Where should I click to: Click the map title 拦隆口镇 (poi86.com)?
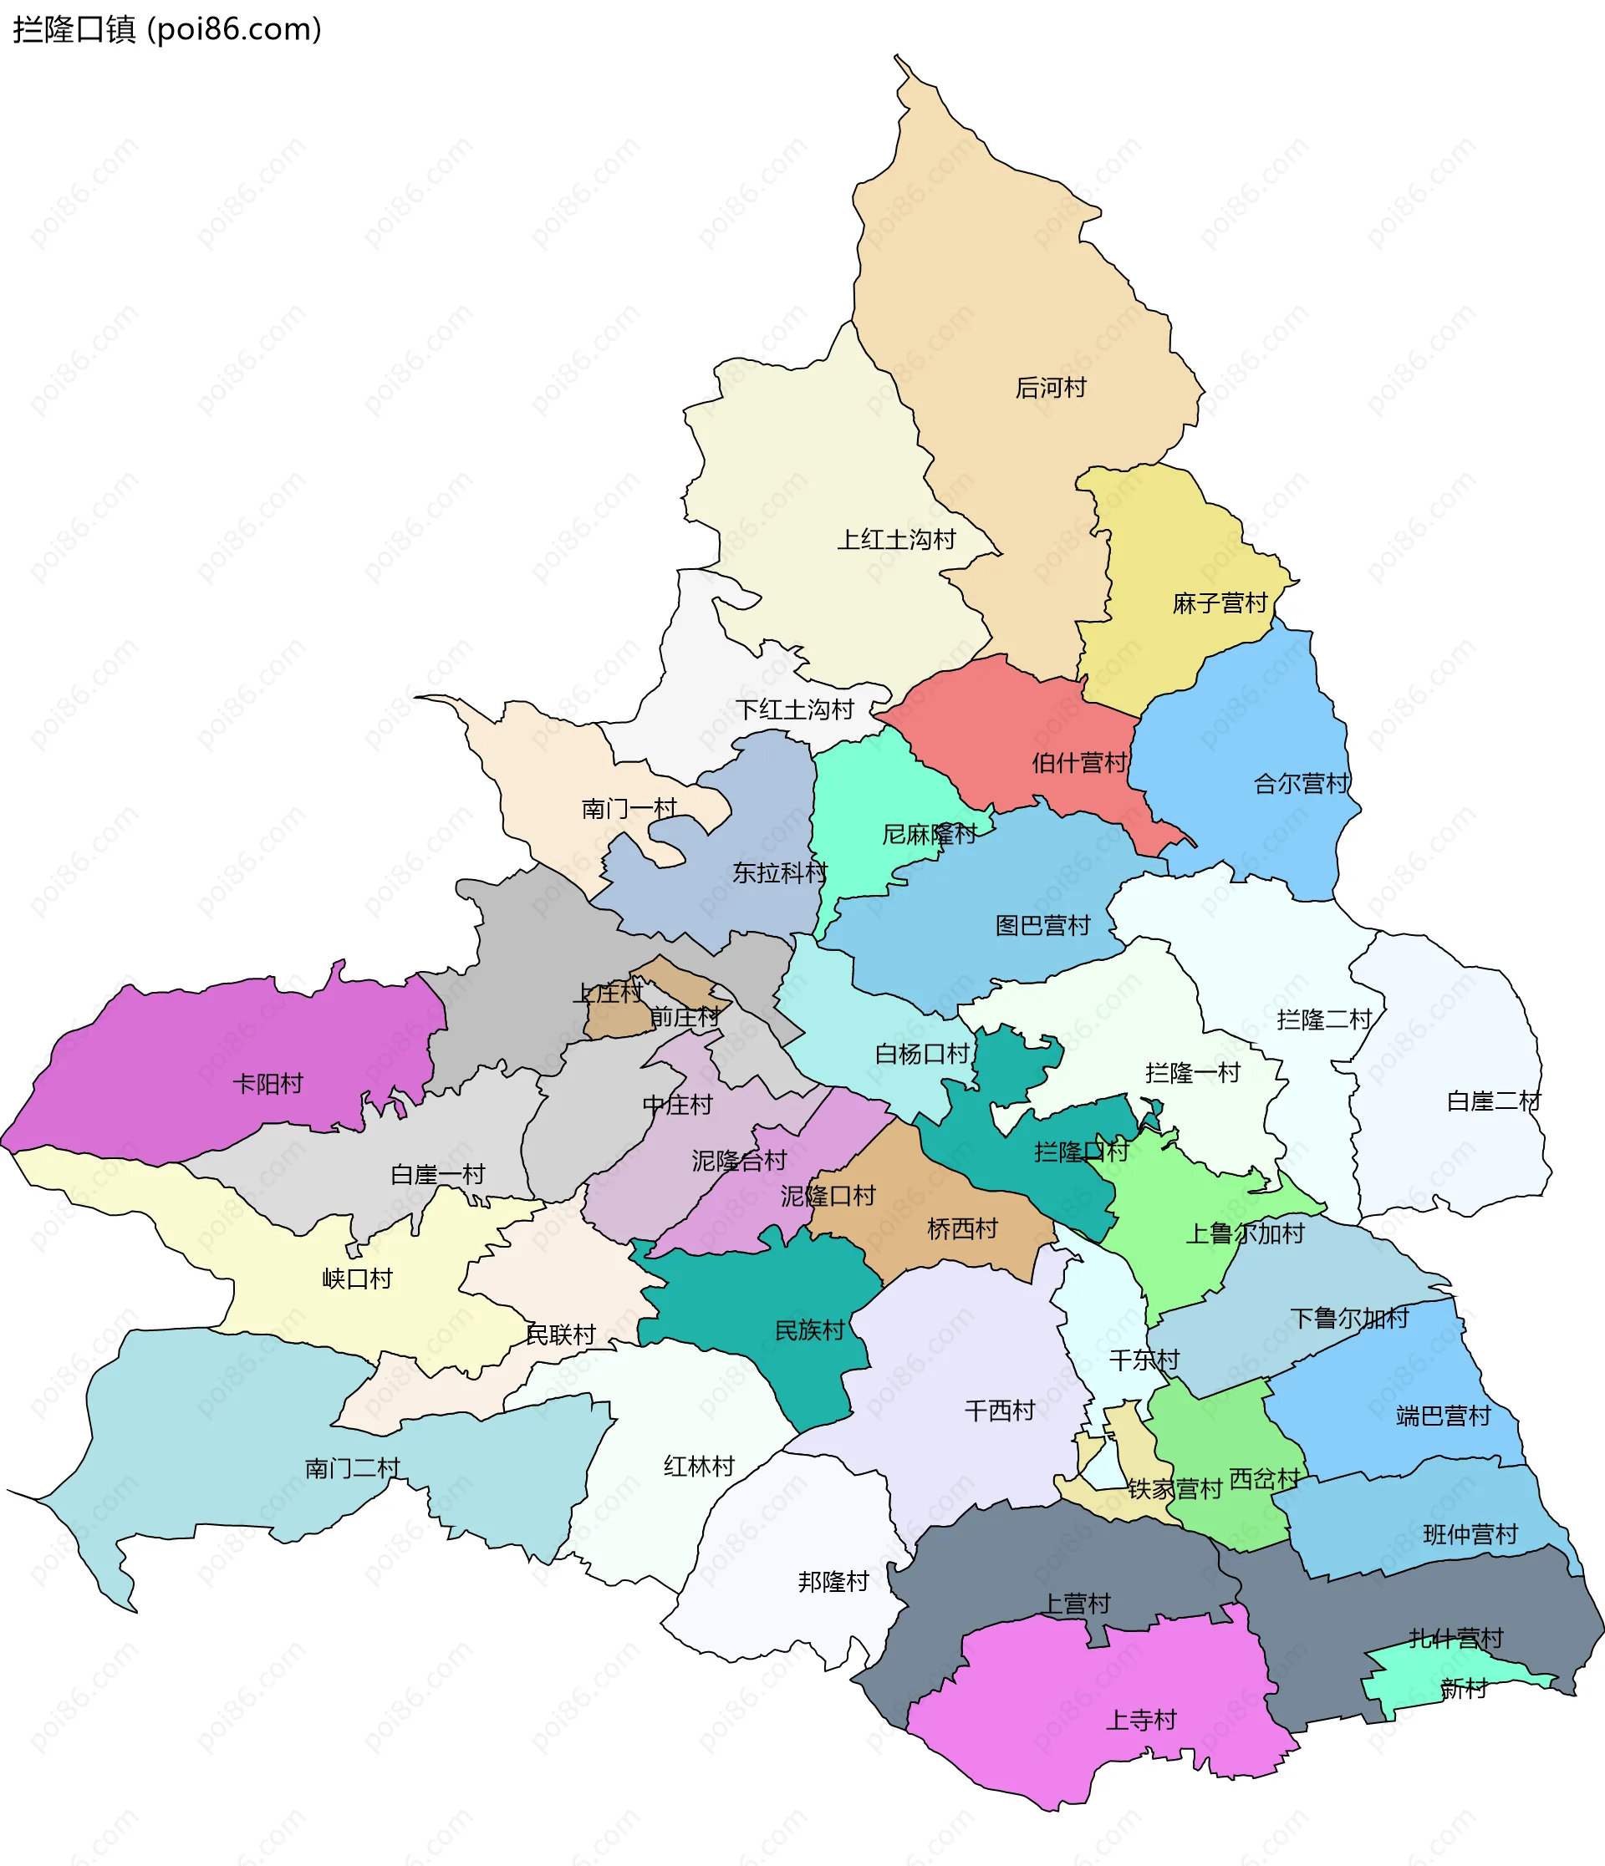coord(166,30)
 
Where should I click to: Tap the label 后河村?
coord(1050,388)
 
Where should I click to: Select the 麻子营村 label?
coord(1220,603)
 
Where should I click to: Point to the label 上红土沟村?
coord(896,541)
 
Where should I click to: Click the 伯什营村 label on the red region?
coord(1079,764)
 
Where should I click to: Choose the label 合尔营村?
coord(1301,785)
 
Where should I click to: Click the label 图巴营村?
coord(1042,926)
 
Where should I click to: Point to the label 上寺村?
coord(1140,1721)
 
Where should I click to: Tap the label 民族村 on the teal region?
coord(810,1331)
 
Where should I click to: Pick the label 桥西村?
coord(962,1229)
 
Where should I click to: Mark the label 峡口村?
coord(357,1279)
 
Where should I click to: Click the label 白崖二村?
coord(1492,1101)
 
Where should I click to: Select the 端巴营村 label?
coord(1443,1416)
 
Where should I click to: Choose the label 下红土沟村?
coord(794,709)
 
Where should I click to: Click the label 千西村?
coord(999,1411)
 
